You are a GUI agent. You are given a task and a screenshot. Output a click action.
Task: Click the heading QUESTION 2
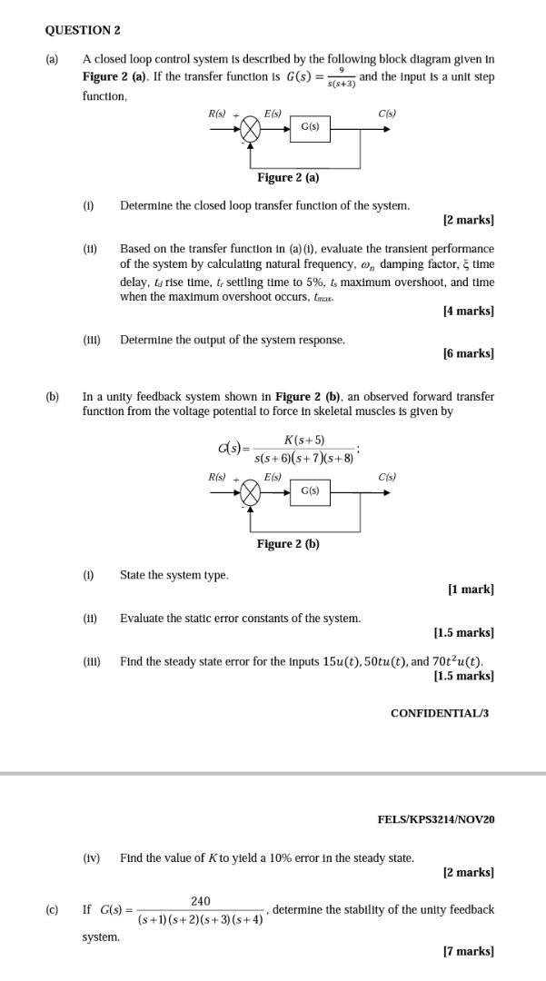tap(83, 30)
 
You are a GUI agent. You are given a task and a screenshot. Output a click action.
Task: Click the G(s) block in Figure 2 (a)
tap(310, 128)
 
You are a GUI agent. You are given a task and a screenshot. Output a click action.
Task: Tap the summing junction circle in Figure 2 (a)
tap(251, 129)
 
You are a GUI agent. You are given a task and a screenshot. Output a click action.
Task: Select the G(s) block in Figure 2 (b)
tap(310, 491)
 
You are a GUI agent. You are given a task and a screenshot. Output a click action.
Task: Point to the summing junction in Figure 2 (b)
tap(251, 493)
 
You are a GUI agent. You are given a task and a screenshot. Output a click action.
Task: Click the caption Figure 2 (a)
tap(288, 177)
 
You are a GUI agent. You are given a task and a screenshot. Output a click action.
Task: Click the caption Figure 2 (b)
tap(288, 544)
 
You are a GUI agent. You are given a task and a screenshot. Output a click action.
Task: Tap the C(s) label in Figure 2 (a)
tap(387, 114)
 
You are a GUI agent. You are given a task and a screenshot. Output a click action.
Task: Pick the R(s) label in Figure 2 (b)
tap(217, 477)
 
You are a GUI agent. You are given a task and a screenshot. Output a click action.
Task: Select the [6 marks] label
tap(468, 353)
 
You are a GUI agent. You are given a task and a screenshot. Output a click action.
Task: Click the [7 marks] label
tap(468, 951)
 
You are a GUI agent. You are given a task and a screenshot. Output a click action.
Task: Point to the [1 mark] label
tap(471, 589)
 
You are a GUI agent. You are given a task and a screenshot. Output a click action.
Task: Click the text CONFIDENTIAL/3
tap(440, 713)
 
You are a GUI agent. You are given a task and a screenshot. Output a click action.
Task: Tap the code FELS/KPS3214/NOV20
tap(436, 819)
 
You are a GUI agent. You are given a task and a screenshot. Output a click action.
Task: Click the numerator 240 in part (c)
tap(201, 901)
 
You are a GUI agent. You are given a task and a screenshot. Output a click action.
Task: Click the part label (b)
tap(53, 397)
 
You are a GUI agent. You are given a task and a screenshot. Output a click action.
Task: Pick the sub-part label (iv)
tap(91, 857)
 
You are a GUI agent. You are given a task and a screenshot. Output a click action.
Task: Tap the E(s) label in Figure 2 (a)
tap(273, 114)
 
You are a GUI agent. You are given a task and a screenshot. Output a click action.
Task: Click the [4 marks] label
tap(468, 311)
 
